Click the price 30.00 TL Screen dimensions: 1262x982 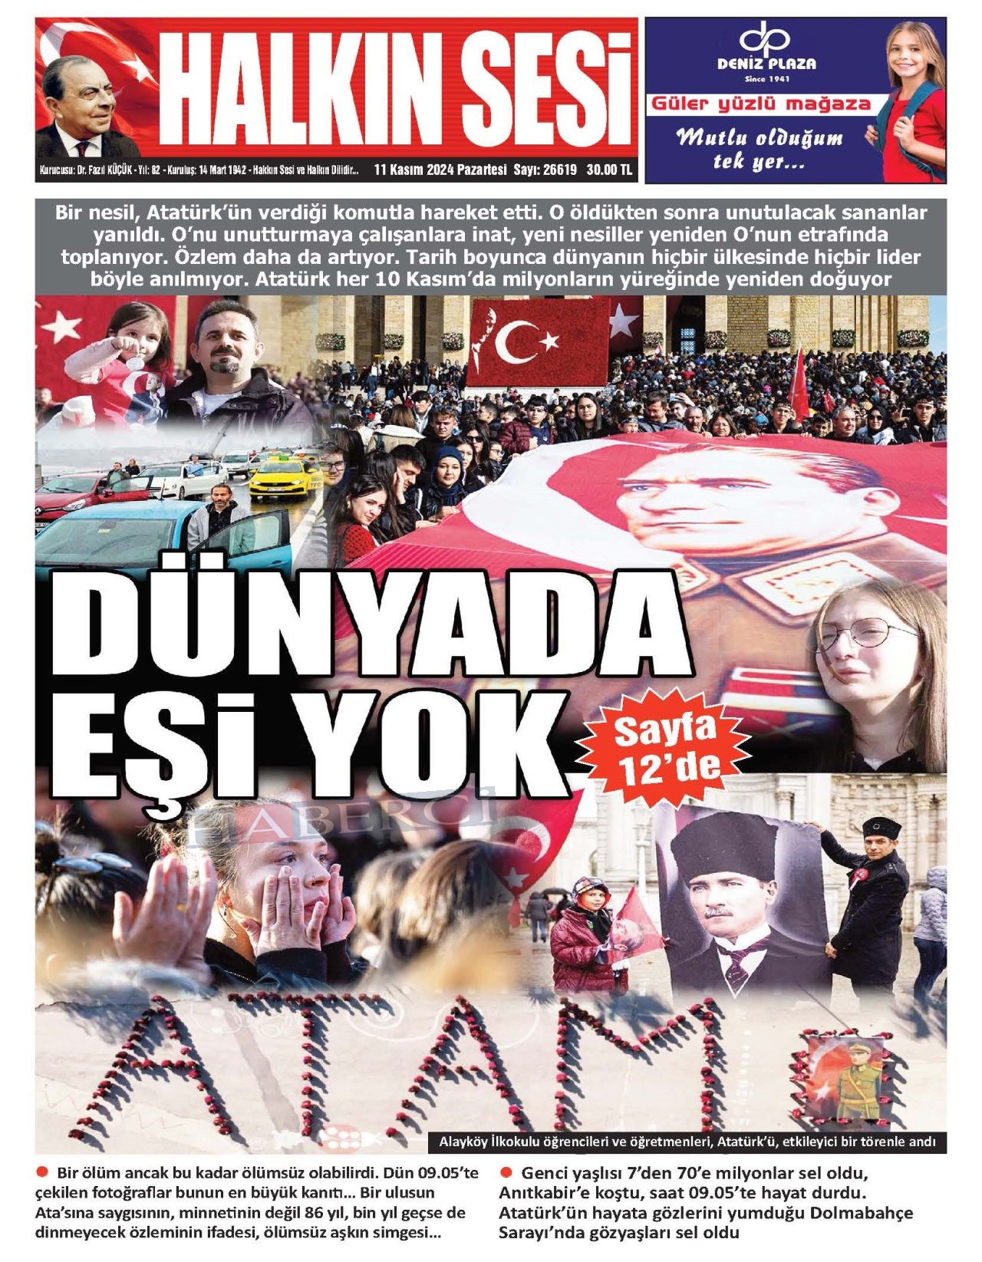pos(609,170)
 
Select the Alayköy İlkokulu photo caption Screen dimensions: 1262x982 pos(687,1142)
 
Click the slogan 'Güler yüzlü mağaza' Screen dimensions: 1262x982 pos(761,104)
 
